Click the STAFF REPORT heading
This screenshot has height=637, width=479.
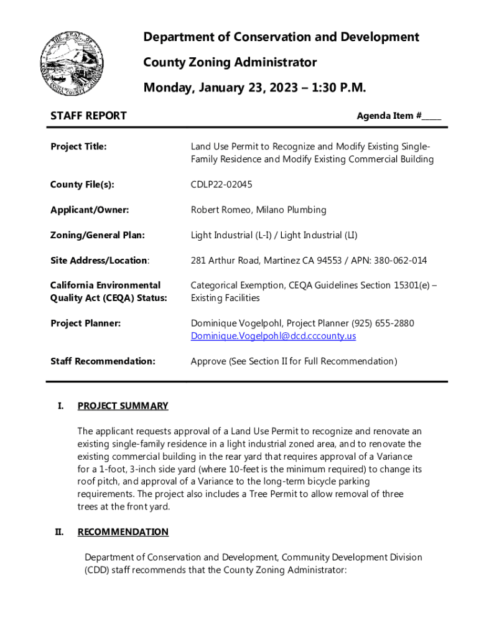pos(88,116)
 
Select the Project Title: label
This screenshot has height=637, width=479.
pos(78,147)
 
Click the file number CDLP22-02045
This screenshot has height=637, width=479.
pos(221,185)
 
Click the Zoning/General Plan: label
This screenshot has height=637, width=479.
pos(97,235)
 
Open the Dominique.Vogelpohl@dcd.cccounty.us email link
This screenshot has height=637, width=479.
pos(273,336)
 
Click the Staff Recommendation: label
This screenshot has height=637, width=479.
pos(103,361)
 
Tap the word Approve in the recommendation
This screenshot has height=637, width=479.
pos(208,361)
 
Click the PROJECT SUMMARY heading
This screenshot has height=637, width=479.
pos(123,406)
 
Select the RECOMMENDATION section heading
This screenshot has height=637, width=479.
pos(123,532)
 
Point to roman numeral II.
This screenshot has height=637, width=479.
pos(60,532)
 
